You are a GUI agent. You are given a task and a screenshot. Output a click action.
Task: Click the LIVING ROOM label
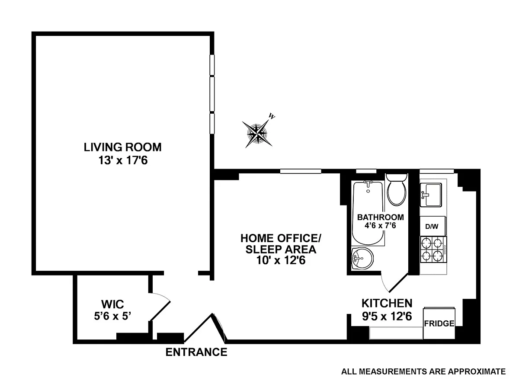coord(122,147)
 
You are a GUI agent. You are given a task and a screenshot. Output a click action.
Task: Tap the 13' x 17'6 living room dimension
coord(123,160)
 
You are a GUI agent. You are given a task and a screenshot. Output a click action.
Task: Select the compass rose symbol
coord(257,132)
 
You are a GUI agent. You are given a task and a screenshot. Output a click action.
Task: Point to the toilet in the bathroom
coord(397,190)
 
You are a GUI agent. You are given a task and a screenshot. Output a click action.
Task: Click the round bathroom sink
coord(362,259)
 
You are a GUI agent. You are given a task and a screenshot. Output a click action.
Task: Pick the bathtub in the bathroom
coord(368,213)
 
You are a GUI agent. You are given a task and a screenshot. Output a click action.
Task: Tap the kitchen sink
coord(431,195)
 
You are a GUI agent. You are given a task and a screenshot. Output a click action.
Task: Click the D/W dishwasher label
coord(432,227)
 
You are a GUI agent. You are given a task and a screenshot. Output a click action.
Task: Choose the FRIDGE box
coord(439,323)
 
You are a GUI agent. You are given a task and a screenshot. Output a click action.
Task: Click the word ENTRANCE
coord(196,352)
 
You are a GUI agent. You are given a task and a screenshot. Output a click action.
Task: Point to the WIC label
coord(112,304)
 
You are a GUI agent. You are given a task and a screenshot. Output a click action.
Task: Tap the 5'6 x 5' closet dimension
coord(112,316)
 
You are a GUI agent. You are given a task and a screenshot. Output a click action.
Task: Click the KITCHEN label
coord(387,303)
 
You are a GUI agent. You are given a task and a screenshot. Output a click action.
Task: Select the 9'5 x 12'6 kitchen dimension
coord(387,317)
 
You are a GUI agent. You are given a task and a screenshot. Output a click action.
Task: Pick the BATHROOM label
coord(381,218)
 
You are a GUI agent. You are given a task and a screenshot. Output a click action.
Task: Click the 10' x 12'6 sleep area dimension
coord(281,260)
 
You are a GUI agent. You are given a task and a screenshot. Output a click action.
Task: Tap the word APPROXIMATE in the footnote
coord(477,371)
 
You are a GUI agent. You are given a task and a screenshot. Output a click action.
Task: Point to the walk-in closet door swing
coord(160,307)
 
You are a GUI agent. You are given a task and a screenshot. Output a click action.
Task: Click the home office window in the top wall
coord(301,171)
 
